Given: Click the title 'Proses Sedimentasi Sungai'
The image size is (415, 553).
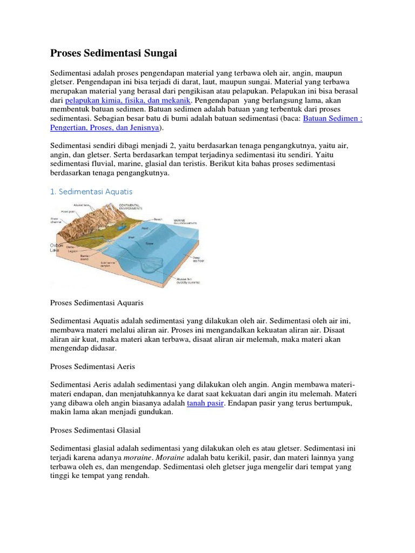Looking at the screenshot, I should tap(113, 53).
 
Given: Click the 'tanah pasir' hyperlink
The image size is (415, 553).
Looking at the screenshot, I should tap(205, 403).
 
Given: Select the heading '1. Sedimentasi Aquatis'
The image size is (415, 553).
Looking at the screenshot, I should tap(91, 191).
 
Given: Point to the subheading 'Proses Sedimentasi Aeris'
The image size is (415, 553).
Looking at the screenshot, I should tap(92, 366).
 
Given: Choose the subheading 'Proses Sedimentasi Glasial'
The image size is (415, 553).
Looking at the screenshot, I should tap(95, 430).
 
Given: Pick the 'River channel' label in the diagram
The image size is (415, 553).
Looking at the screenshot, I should tap(56, 220).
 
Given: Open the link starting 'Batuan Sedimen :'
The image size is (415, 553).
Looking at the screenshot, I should tap(332, 119).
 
